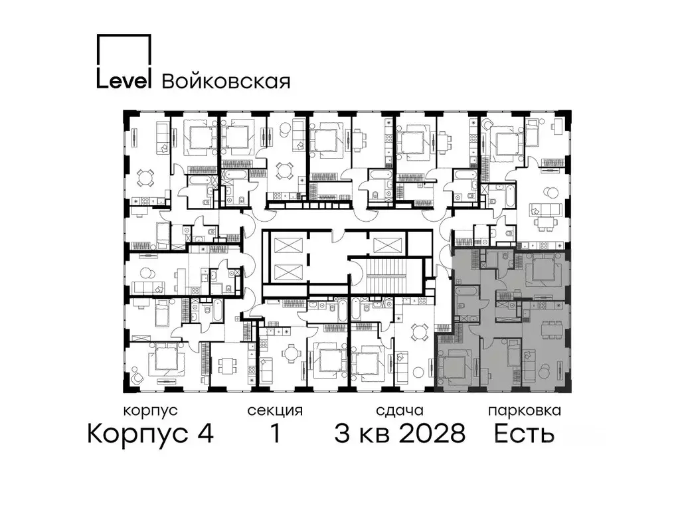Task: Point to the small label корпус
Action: coord(151,410)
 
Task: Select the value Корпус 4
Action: coord(151,434)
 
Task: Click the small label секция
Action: coord(275,410)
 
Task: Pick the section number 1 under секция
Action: coord(274,434)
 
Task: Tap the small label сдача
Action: coord(398,410)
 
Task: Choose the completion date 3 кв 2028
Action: coord(398,434)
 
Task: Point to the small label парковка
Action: coord(524,410)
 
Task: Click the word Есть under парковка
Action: coord(524,434)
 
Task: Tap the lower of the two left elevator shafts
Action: coord(286,272)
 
